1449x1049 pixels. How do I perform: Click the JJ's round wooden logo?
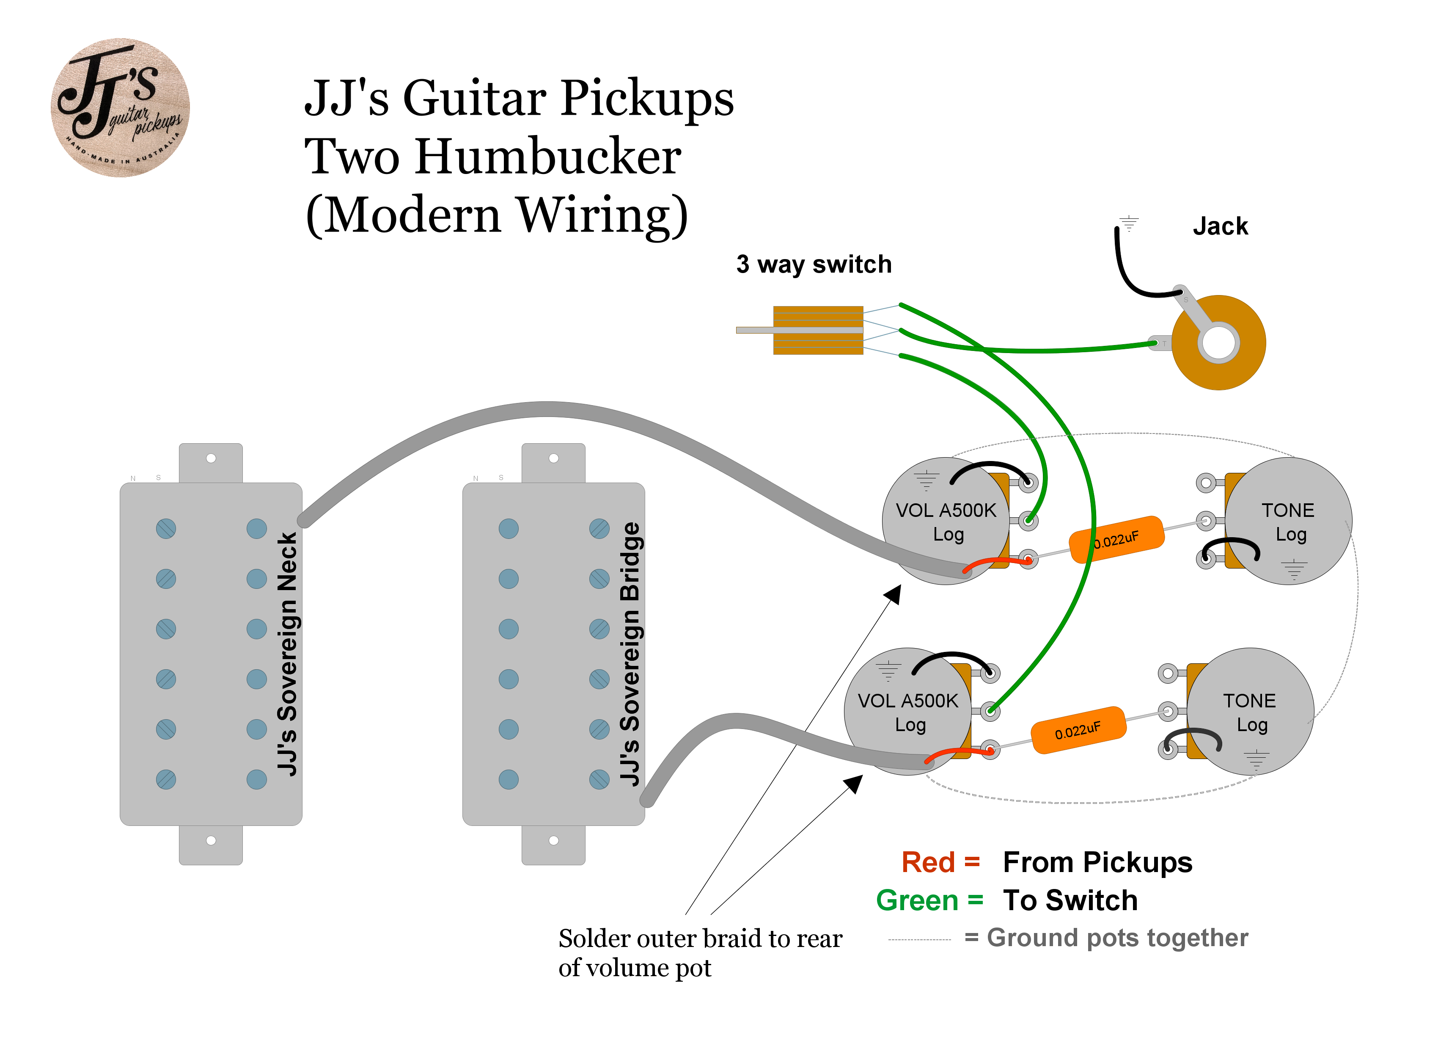(x=120, y=108)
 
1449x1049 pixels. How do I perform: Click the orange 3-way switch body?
(x=818, y=330)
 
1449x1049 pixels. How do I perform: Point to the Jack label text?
(x=1220, y=226)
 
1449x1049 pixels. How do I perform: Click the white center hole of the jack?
(x=1218, y=342)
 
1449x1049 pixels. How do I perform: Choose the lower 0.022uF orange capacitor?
(x=1078, y=730)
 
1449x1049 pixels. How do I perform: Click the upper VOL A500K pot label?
(x=946, y=522)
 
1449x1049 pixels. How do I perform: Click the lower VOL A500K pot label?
(x=908, y=712)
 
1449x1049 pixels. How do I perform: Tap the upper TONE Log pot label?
(x=1289, y=522)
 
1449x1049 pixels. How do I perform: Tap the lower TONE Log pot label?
(x=1250, y=712)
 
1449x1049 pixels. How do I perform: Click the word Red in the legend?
(x=928, y=862)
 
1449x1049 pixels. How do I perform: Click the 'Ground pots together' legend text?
(x=1117, y=938)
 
